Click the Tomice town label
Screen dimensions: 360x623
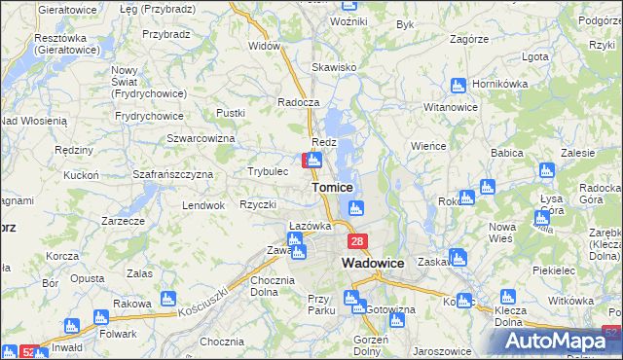click(332, 187)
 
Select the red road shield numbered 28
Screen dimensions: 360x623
click(358, 242)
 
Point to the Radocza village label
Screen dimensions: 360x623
click(298, 103)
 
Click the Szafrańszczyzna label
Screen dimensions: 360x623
click(173, 174)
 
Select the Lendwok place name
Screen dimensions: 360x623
click(203, 206)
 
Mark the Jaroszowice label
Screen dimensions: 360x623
click(442, 349)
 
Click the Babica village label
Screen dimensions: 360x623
click(508, 154)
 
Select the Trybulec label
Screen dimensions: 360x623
click(268, 171)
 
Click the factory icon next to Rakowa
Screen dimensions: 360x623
click(165, 297)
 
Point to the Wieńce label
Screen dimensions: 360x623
click(428, 144)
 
